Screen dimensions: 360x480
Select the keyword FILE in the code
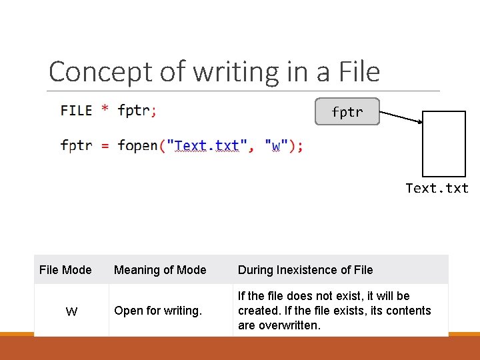(77, 111)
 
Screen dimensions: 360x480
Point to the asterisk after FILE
(105, 109)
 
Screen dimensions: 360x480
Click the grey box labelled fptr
(347, 112)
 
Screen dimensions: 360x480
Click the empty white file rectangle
(444, 143)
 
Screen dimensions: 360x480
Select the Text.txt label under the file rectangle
(437, 188)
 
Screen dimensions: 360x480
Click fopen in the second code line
(137, 145)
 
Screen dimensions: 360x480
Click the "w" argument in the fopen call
(277, 145)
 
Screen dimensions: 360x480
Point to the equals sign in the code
(105, 145)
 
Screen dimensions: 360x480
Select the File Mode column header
(65, 270)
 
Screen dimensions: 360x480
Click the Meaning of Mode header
(160, 270)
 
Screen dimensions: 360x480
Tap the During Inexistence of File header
(305, 270)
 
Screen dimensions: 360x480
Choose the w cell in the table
(71, 311)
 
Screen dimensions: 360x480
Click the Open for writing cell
(158, 311)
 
